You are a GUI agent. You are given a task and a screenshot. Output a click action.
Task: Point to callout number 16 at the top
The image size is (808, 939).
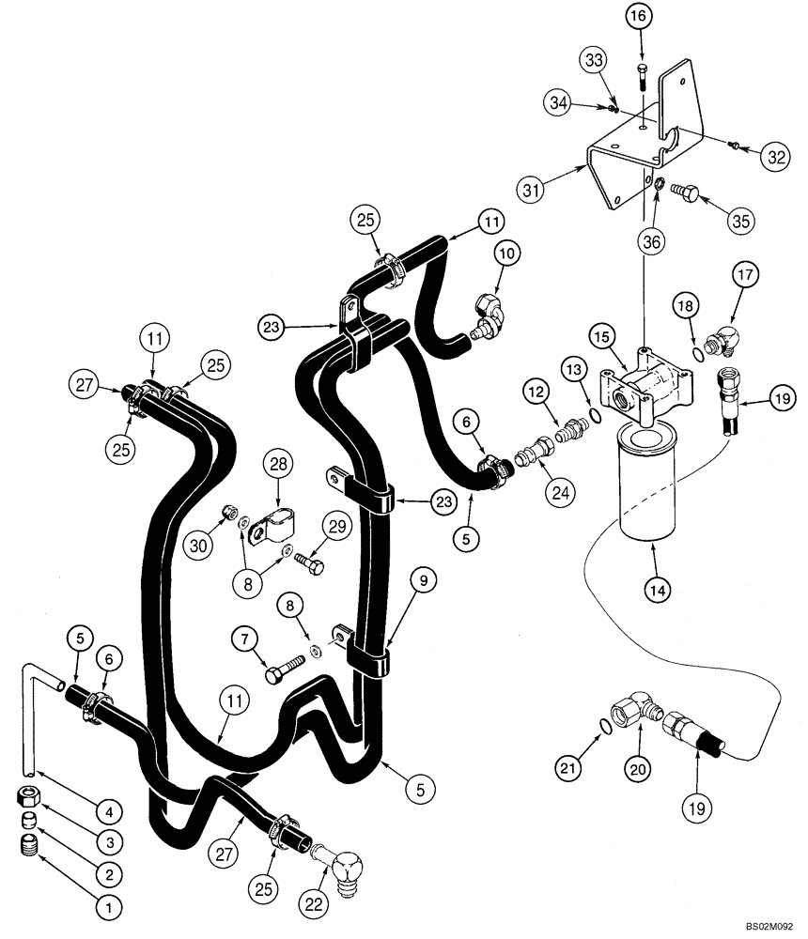click(x=638, y=17)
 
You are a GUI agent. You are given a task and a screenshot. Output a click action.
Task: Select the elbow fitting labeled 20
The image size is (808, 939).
click(x=627, y=711)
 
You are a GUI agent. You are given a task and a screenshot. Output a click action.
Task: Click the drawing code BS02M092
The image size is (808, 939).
click(x=769, y=925)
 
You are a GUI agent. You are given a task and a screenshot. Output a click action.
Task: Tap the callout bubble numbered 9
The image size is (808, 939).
click(x=422, y=581)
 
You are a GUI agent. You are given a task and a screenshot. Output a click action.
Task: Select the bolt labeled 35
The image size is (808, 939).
click(x=688, y=196)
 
